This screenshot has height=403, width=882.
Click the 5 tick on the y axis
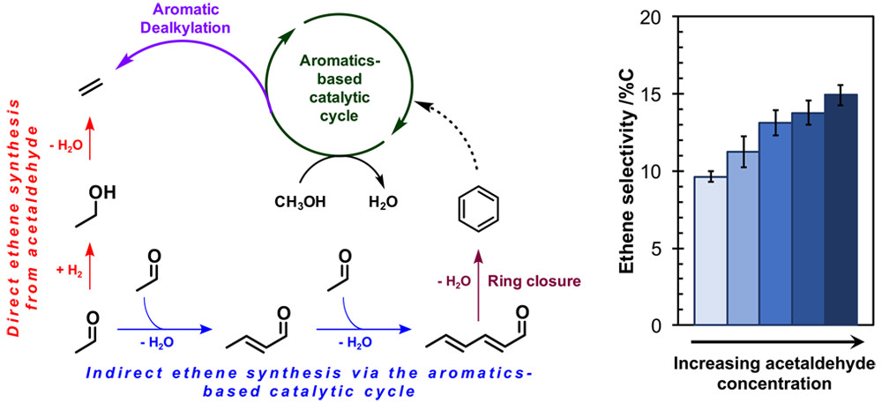tap(677, 249)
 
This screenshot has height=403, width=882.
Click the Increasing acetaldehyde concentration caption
tap(774, 374)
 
